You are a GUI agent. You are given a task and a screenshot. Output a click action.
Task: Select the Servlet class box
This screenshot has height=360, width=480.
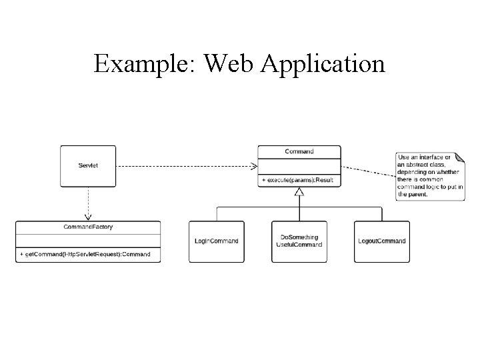click(x=88, y=166)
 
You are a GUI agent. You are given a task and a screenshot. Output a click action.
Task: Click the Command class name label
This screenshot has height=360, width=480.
click(x=299, y=151)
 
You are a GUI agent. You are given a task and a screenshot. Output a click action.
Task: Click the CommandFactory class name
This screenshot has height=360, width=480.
click(x=88, y=227)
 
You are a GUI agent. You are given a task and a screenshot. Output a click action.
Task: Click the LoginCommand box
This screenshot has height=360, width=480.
click(x=216, y=241)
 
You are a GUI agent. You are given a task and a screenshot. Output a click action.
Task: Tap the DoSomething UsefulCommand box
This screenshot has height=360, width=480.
click(x=299, y=241)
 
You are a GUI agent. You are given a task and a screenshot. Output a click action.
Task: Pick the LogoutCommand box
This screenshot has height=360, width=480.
click(x=382, y=241)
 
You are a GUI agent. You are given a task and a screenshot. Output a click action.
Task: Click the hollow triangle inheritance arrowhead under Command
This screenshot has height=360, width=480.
click(x=299, y=192)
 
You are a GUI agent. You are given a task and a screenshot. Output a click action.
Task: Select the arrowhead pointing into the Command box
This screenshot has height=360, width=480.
click(x=254, y=166)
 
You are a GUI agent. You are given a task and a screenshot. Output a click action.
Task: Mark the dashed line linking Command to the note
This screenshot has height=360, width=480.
click(x=367, y=170)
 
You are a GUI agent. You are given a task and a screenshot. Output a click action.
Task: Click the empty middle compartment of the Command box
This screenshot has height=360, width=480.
click(x=299, y=166)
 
